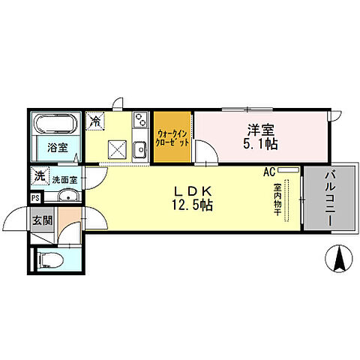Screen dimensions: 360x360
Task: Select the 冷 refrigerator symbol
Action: pyautogui.click(x=96, y=120)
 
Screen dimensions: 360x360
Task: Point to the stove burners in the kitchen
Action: pyautogui.click(x=139, y=120)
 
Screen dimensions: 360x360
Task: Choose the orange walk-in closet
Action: pyautogui.click(x=173, y=137)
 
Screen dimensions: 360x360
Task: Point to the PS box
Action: pyautogui.click(x=36, y=198)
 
